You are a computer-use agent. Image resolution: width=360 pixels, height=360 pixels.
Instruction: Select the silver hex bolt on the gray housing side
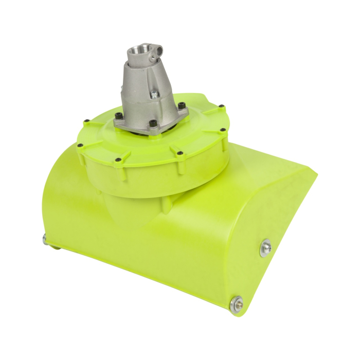coord(153,94)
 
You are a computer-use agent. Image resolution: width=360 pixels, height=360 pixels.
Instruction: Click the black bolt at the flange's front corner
coord(153,123)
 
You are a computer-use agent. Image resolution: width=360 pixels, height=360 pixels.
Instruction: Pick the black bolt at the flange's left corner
coord(119,116)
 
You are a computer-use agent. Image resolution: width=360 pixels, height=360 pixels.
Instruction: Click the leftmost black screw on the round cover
coord(81,145)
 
